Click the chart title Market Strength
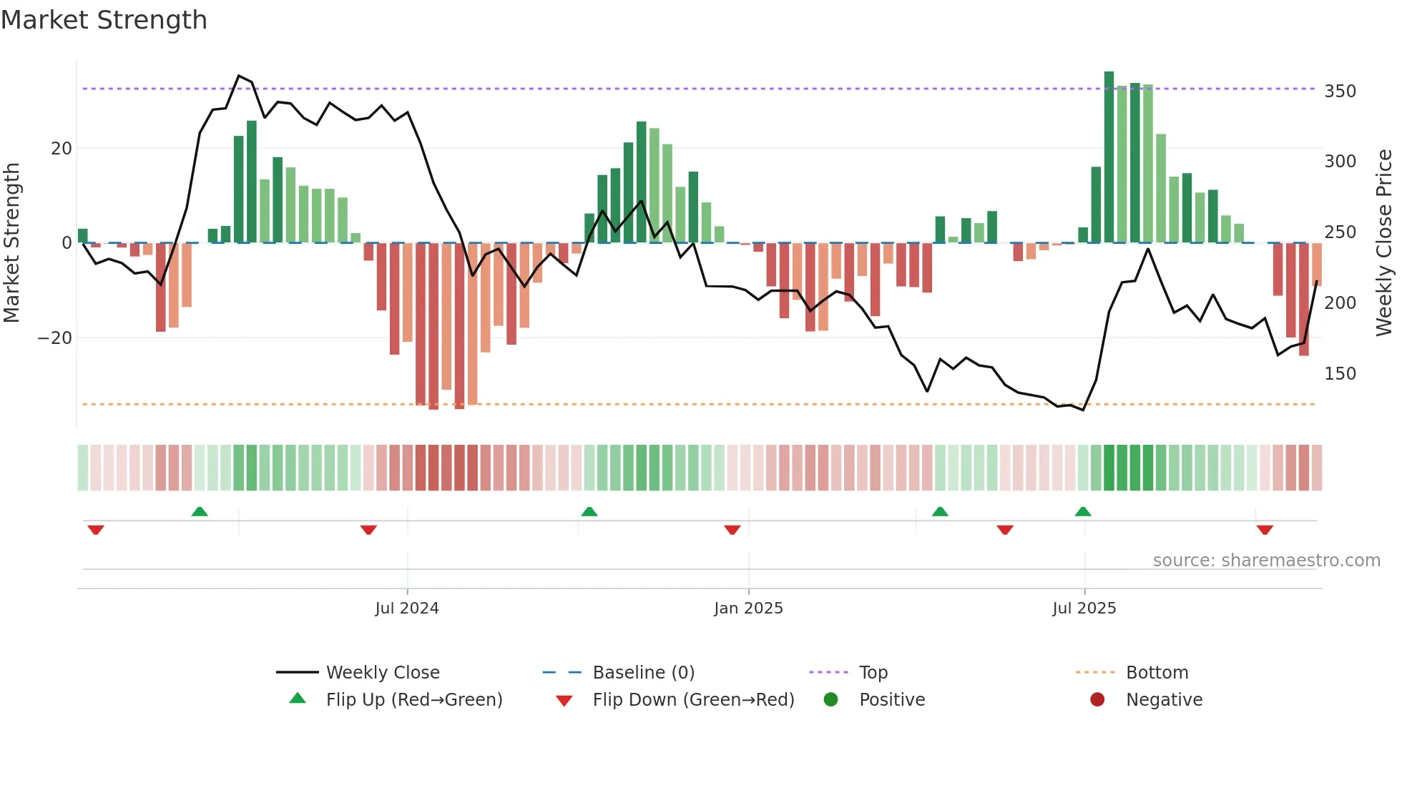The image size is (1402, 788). click(104, 20)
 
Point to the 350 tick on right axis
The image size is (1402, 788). click(1340, 92)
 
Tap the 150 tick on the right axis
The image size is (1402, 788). click(1340, 374)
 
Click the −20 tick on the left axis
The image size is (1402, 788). click(55, 338)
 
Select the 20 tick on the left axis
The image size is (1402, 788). click(62, 149)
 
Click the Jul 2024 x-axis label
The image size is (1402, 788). click(407, 609)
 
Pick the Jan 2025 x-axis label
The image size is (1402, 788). click(748, 609)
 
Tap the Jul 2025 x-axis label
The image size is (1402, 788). click(1084, 609)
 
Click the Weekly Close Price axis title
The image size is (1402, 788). click(1384, 243)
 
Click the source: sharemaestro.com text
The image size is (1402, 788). click(1266, 561)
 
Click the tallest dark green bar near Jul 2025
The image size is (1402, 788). click(1109, 157)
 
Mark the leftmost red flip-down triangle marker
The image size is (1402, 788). click(96, 530)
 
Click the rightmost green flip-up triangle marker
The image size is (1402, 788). click(1083, 512)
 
